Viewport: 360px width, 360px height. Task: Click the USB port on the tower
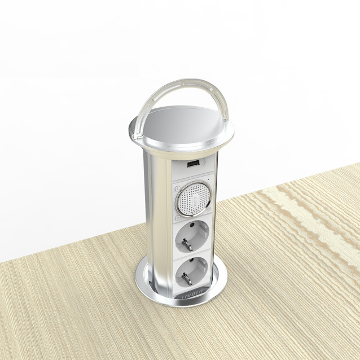[192, 164]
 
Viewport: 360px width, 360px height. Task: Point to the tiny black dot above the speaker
[208, 179]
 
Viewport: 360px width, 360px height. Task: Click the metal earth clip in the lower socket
[185, 279]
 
